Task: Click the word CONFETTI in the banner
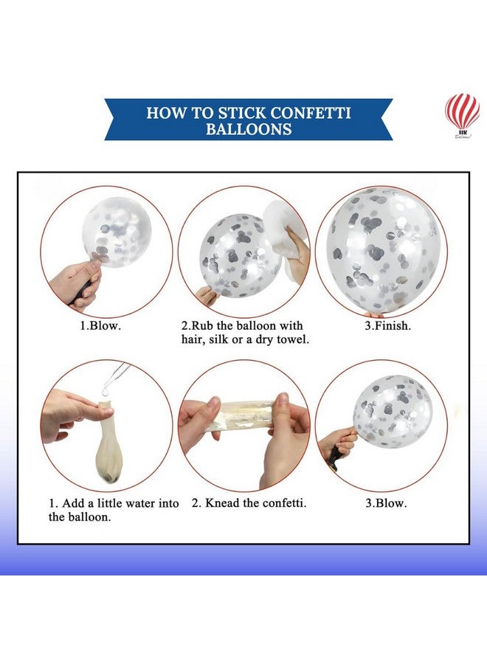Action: tap(311, 113)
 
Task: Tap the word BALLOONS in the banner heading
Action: tap(249, 128)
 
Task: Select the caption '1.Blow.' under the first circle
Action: tap(100, 325)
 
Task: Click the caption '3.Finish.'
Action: tap(388, 325)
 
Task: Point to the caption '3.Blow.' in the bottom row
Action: tap(386, 503)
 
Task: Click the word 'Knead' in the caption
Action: tap(222, 503)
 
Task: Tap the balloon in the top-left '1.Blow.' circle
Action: tap(116, 232)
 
